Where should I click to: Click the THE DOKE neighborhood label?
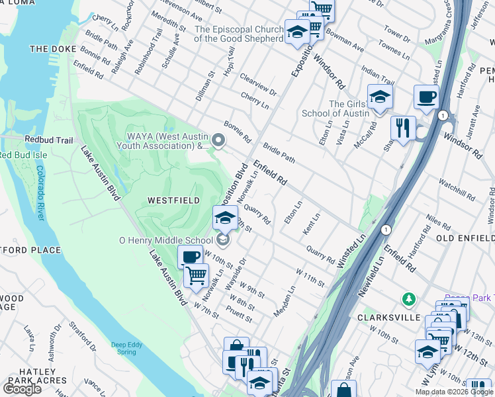click(49, 49)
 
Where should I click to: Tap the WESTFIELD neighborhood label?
click(173, 200)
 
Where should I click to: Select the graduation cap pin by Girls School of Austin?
click(380, 96)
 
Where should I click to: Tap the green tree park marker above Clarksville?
click(410, 299)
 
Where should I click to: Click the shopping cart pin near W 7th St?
click(196, 275)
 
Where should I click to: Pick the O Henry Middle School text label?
click(165, 240)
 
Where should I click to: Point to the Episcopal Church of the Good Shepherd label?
click(240, 34)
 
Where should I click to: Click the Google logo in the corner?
click(22, 389)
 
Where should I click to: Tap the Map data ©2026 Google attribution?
click(453, 392)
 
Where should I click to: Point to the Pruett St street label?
click(240, 314)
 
